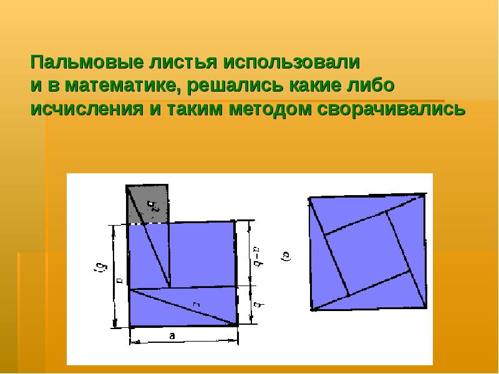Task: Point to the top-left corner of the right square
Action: (x=309, y=198)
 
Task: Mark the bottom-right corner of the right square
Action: (x=427, y=307)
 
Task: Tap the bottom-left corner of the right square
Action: (x=311, y=310)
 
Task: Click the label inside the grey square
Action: (x=152, y=205)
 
